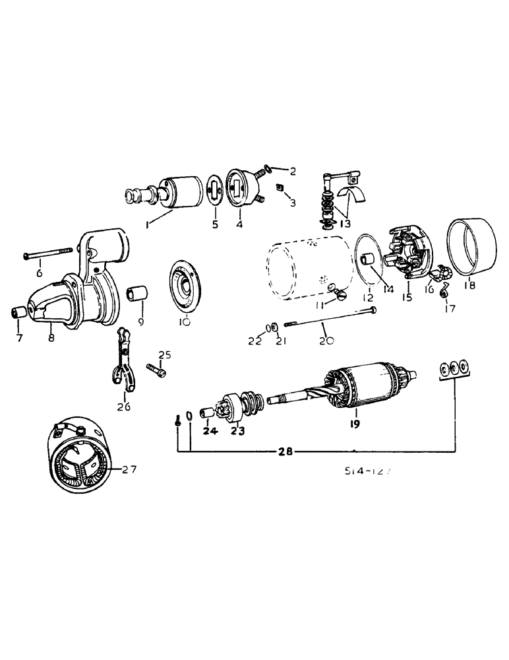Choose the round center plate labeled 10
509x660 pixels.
point(184,286)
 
